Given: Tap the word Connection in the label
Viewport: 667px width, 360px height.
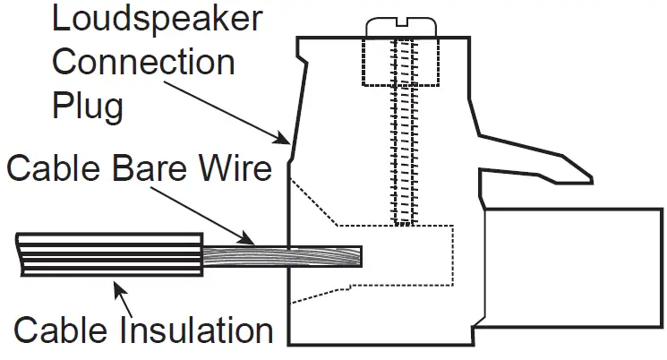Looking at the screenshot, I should tap(142, 63).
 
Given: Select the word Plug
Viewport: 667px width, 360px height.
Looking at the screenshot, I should tap(87, 106).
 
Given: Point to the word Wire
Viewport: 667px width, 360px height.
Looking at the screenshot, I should tap(235, 168).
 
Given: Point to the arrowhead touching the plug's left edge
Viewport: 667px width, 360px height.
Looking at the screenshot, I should tap(284, 139).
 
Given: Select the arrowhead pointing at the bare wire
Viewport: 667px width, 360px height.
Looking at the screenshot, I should tap(248, 239).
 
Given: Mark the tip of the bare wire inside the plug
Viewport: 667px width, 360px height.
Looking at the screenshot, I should tap(358, 258).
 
